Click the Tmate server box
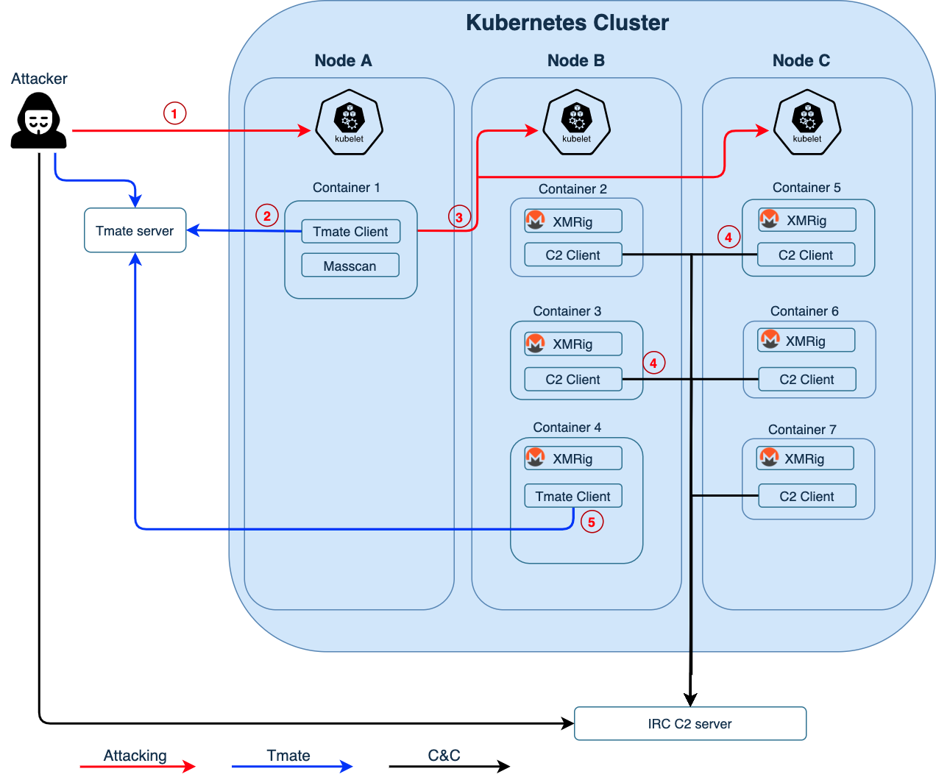tap(135, 230)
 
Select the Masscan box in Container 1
tap(350, 266)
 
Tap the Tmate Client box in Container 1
tap(350, 231)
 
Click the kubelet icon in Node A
tap(350, 123)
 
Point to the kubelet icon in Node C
tap(807, 123)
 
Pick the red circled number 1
tap(174, 113)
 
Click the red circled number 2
tap(267, 216)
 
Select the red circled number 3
tap(459, 217)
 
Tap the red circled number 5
tap(592, 522)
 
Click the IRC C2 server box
tap(690, 724)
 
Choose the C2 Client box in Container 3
tap(573, 380)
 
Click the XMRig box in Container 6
tap(806, 341)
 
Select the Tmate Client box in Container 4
tap(573, 496)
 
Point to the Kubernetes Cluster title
tap(567, 23)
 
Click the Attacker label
tap(40, 79)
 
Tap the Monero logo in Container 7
tap(769, 458)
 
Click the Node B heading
tap(576, 61)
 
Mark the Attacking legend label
tap(135, 756)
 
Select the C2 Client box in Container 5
tap(806, 255)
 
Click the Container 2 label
tap(572, 189)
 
